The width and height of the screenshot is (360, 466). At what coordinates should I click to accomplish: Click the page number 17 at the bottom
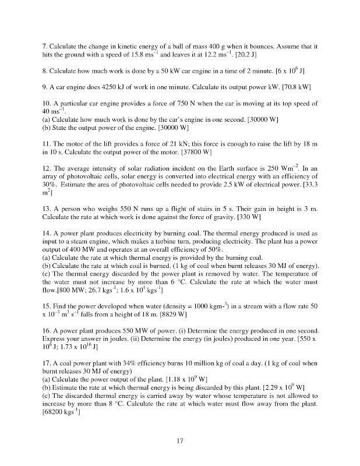[x=180, y=442]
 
